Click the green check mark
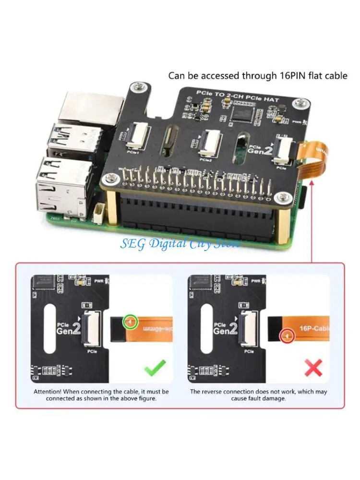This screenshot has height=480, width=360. coord(155,368)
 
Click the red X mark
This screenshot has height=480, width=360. coord(313,368)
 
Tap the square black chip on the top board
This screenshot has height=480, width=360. coord(242,113)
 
